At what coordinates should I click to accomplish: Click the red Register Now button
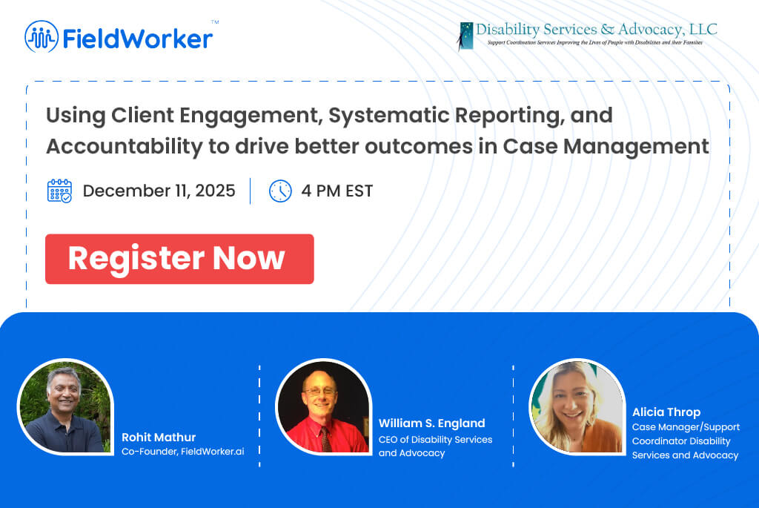point(179,259)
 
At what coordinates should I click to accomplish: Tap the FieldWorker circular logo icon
point(42,36)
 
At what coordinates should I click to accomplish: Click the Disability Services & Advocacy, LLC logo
point(587,36)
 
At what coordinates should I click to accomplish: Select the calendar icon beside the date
point(59,191)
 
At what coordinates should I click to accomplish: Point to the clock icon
point(280,191)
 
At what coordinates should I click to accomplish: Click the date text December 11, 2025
point(159,191)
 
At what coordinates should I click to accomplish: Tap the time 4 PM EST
point(337,191)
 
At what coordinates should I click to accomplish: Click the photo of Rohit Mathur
point(65,406)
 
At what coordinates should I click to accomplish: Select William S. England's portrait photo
point(323,406)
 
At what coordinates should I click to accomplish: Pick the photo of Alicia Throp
point(577,406)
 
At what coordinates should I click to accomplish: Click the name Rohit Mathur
point(159,438)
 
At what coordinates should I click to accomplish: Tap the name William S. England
point(432,423)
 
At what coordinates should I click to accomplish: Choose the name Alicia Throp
point(666,412)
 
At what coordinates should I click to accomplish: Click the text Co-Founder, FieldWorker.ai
point(183,452)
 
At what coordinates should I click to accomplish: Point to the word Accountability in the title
point(124,147)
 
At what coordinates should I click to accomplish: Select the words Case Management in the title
point(606,146)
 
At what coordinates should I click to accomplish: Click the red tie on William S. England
point(325,438)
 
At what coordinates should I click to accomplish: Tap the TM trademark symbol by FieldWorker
point(215,22)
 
